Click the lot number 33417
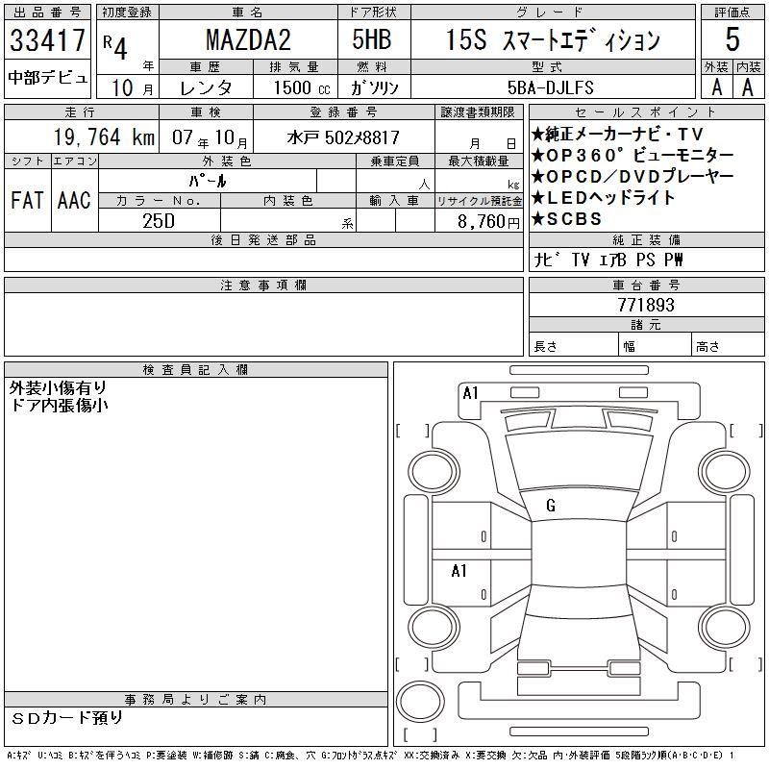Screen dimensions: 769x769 (x=47, y=40)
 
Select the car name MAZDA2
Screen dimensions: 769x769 (x=248, y=39)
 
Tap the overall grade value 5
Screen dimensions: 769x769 (x=732, y=38)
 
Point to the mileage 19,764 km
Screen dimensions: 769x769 (x=104, y=136)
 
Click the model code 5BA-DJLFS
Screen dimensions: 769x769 (x=550, y=87)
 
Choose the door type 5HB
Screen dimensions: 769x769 (x=372, y=39)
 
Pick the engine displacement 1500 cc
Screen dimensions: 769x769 (x=302, y=87)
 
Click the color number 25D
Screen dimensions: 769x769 (x=159, y=221)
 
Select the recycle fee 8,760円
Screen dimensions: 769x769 (x=488, y=222)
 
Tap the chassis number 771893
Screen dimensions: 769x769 (x=646, y=305)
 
